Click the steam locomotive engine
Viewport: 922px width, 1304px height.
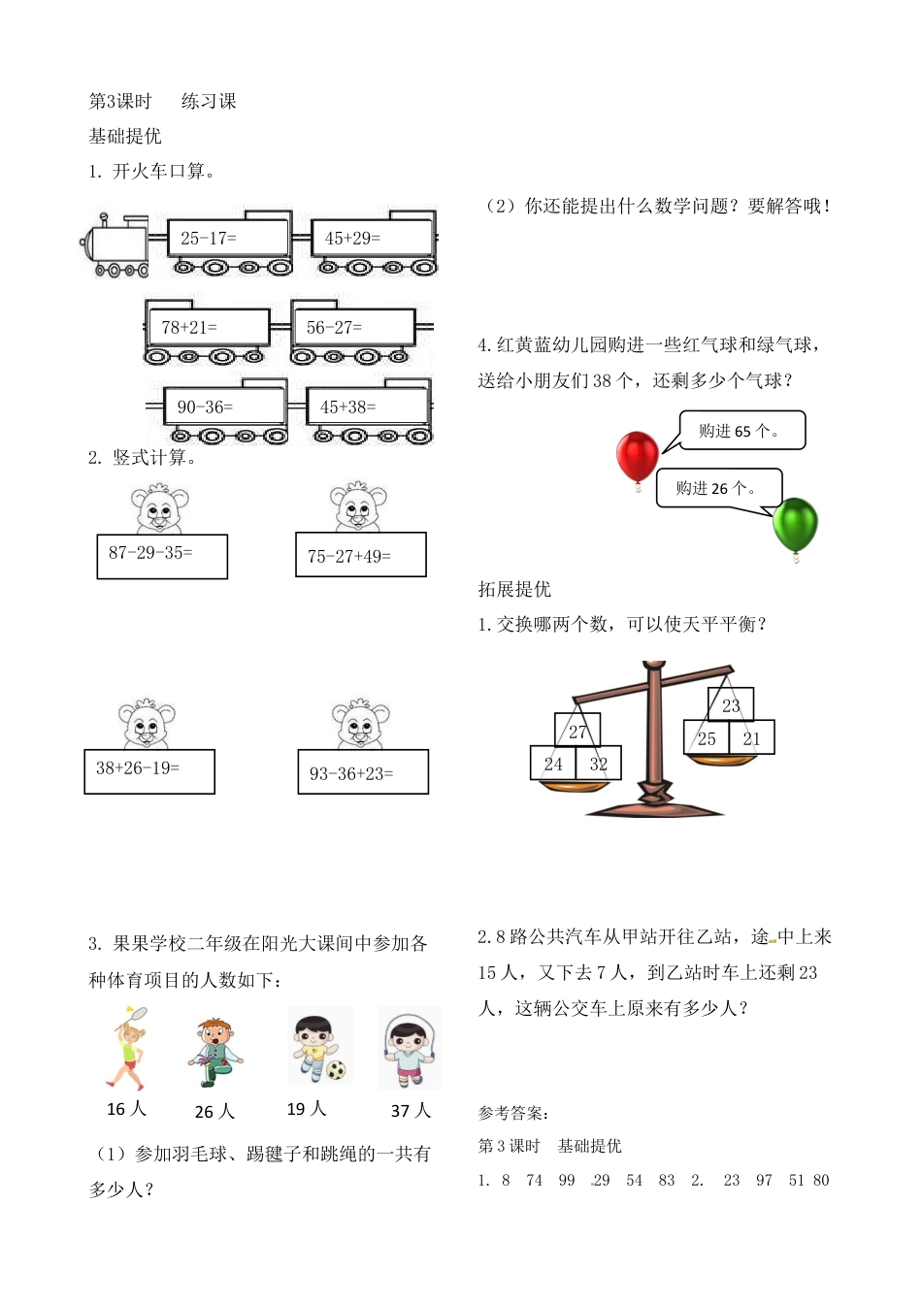click(115, 245)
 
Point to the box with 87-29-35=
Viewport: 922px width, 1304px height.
click(162, 556)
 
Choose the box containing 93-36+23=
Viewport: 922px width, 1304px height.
click(363, 772)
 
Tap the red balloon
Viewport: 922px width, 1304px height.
click(637, 457)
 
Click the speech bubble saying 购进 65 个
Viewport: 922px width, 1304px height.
click(740, 431)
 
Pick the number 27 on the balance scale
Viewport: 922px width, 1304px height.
click(577, 732)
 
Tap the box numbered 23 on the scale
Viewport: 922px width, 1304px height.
click(731, 705)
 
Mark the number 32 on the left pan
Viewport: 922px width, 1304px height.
click(599, 764)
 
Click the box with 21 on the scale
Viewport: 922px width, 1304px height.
click(752, 738)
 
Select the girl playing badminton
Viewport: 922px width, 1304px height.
click(127, 1048)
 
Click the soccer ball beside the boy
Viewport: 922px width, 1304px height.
click(336, 1071)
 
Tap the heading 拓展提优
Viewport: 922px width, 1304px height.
click(514, 589)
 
